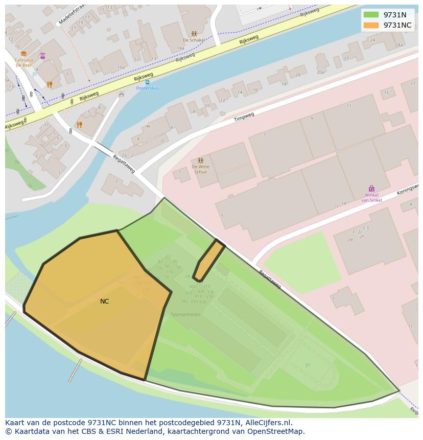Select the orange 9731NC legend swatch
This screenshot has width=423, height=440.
click(x=371, y=25)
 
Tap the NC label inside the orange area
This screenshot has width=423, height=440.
click(x=104, y=302)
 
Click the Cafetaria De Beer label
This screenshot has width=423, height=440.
click(x=24, y=62)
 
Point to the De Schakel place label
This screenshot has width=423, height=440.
click(x=194, y=40)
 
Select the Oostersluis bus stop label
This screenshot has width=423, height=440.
click(x=147, y=88)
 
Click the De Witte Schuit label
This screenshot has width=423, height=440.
click(x=200, y=169)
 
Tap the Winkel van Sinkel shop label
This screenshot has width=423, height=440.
click(x=371, y=197)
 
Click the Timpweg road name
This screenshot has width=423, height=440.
click(x=244, y=117)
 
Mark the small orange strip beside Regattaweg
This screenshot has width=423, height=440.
click(x=209, y=260)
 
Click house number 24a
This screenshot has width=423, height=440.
click(x=400, y=45)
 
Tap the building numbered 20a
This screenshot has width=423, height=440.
click(x=320, y=72)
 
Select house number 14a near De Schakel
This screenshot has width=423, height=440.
click(x=180, y=48)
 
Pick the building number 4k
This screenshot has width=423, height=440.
click(x=148, y=126)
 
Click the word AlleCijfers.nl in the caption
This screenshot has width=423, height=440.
click(x=267, y=423)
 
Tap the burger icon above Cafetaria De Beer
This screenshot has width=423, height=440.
click(x=24, y=53)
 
